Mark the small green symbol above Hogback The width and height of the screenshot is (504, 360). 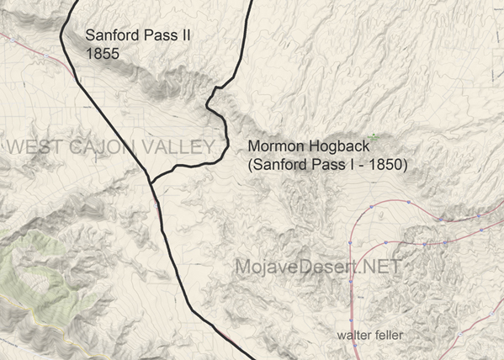pyautogui.click(x=372, y=135)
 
